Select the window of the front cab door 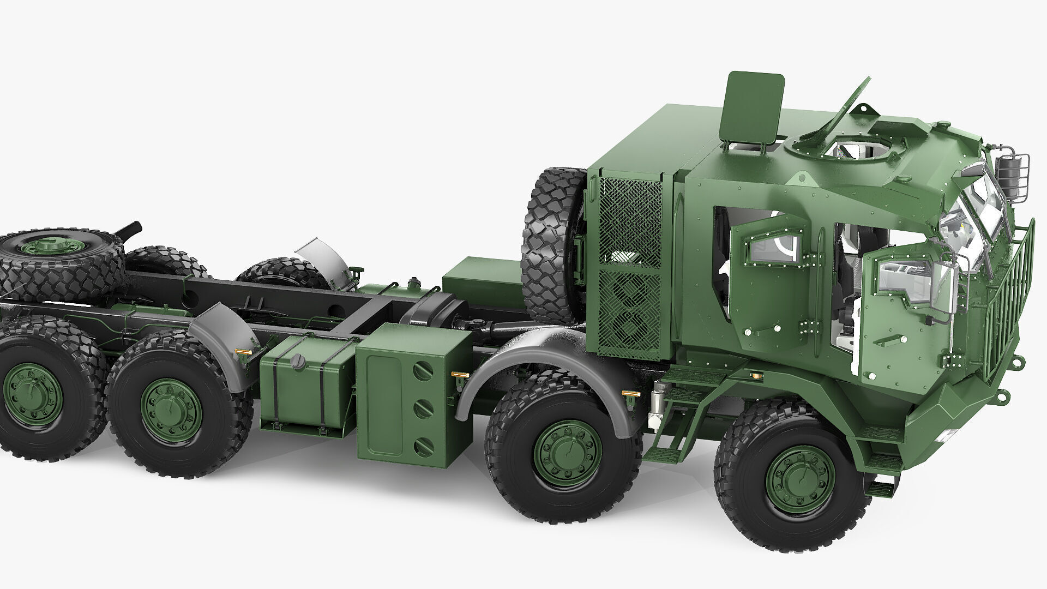tap(908, 278)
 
